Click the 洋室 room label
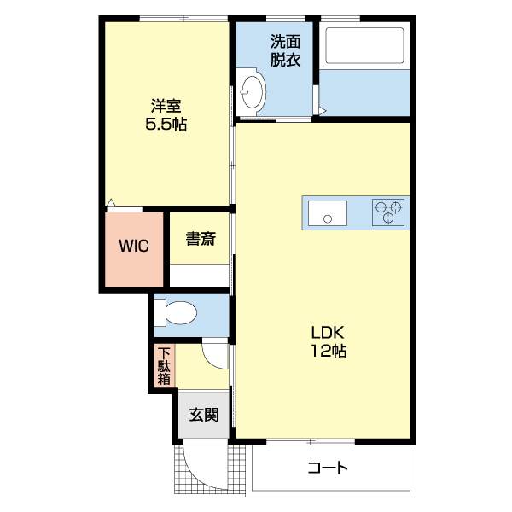[166, 106]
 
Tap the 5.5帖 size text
[166, 124]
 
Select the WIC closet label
[134, 246]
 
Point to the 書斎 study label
[201, 239]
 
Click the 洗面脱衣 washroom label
[285, 50]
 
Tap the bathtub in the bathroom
[364, 45]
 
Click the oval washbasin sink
[252, 91]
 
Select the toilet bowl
[176, 313]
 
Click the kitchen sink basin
[328, 212]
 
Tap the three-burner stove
[388, 212]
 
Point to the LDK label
[328, 333]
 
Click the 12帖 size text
[329, 351]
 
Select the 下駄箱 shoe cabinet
[164, 366]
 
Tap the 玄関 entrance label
[204, 415]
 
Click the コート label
[328, 468]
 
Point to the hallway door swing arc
[210, 360]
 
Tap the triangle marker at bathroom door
[322, 111]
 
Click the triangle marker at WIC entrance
[111, 202]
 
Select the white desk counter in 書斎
[199, 276]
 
